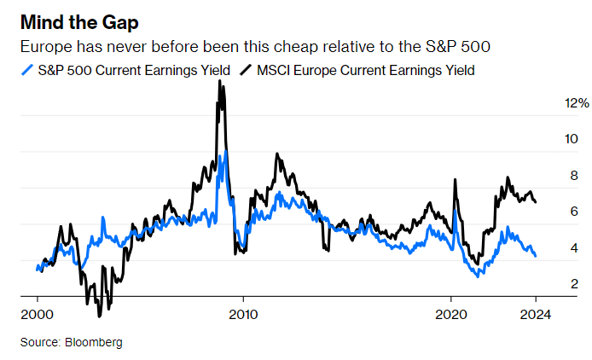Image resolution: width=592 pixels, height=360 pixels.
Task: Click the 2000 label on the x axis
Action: (38, 313)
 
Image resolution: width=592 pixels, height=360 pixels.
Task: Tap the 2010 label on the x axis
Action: (243, 313)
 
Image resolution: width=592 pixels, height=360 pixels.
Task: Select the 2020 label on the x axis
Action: (450, 313)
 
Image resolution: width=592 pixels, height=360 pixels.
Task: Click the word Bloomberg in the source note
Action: (92, 342)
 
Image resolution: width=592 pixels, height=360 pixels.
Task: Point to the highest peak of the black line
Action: (220, 81)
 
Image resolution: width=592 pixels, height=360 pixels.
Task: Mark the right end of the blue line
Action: (535, 256)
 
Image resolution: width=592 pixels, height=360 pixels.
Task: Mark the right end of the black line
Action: (535, 202)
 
